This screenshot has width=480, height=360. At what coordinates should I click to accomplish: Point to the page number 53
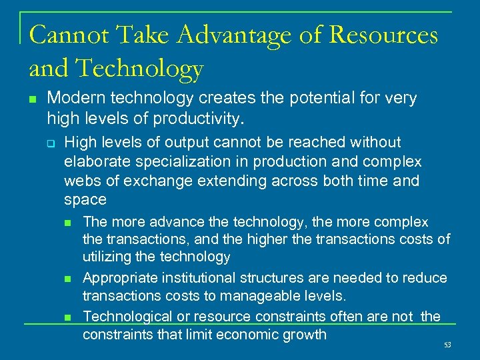coord(447,345)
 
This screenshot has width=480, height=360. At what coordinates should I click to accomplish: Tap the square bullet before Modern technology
coord(32,99)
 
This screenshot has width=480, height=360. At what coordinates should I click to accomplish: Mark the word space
coord(85,200)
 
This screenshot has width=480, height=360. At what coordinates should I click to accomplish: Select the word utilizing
coord(107,257)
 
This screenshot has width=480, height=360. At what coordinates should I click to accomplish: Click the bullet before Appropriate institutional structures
coord(67,278)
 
